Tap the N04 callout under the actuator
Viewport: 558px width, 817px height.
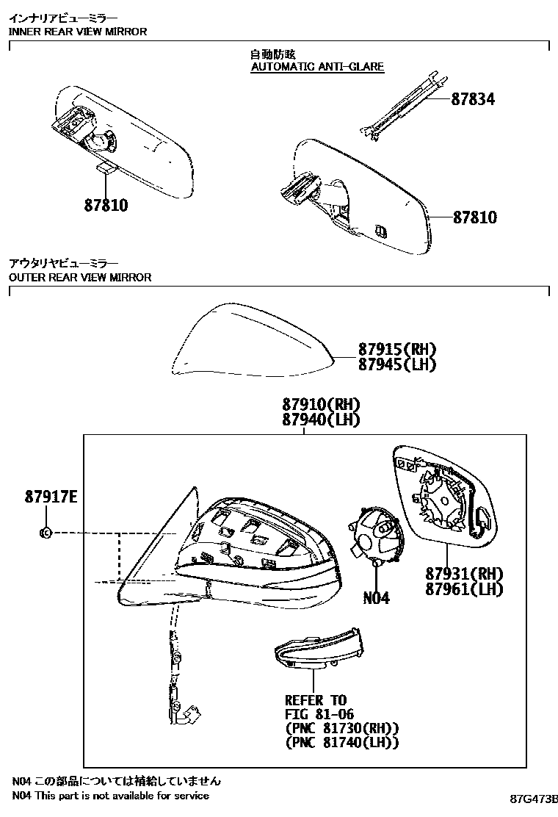coord(376,597)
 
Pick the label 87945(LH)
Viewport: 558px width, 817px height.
coord(397,364)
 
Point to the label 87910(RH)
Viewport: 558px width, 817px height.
coord(321,404)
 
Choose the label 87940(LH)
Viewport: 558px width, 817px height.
coord(321,420)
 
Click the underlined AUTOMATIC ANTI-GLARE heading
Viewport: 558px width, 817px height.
coord(317,67)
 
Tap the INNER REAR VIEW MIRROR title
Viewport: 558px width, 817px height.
coord(78,32)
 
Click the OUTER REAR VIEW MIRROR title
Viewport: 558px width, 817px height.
coord(80,277)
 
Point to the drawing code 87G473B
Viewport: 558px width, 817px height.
coord(535,799)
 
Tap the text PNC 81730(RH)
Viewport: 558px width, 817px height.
coord(342,728)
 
